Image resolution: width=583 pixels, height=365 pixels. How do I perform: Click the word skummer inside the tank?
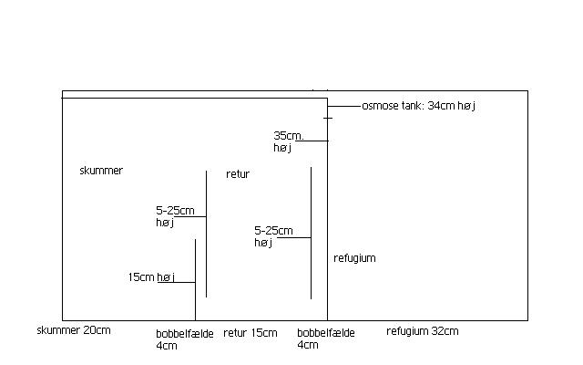pyautogui.click(x=101, y=171)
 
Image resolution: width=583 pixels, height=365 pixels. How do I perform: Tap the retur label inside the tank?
pyautogui.click(x=238, y=174)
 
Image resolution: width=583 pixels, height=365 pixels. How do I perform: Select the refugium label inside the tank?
pyautogui.click(x=354, y=258)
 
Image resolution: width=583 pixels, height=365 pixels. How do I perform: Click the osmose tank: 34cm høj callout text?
pyautogui.click(x=419, y=106)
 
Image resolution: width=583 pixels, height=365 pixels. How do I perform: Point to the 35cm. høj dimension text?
pyautogui.click(x=289, y=141)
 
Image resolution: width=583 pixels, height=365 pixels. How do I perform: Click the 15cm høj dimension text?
pyautogui.click(x=151, y=277)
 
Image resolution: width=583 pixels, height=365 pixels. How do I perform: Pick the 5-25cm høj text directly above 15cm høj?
pyautogui.click(x=175, y=216)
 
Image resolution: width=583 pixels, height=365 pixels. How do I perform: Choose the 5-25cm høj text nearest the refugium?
pyautogui.click(x=273, y=236)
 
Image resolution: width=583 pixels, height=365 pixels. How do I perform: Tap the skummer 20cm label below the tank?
pyautogui.click(x=74, y=330)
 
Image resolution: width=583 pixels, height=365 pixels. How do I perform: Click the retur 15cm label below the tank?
pyautogui.click(x=251, y=333)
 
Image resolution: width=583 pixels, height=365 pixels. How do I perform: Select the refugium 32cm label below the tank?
pyautogui.click(x=423, y=331)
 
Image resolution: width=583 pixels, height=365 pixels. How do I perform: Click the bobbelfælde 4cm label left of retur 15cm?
pyautogui.click(x=185, y=339)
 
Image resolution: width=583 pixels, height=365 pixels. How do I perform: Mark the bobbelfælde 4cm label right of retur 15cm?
pyautogui.click(x=326, y=339)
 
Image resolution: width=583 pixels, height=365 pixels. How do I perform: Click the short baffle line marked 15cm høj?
pyautogui.click(x=195, y=280)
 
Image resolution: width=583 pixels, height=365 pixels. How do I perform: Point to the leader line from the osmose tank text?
pyautogui.click(x=344, y=106)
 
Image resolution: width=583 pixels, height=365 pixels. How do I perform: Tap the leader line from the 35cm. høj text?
pyautogui.click(x=312, y=141)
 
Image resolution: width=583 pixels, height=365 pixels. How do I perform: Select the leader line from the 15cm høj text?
pyautogui.click(x=176, y=282)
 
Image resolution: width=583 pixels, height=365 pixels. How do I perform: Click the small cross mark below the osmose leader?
pyautogui.click(x=328, y=118)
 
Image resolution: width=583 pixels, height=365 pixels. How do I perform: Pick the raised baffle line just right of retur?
pyautogui.click(x=311, y=234)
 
